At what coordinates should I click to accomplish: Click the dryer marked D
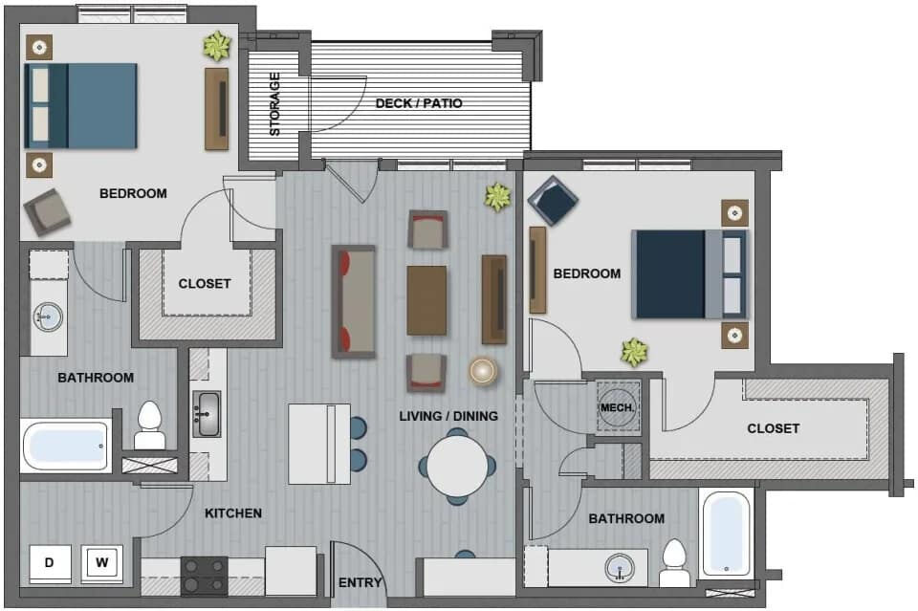[x=50, y=564]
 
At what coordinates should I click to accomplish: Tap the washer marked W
[x=102, y=564]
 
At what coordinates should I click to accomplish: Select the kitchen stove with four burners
[x=205, y=576]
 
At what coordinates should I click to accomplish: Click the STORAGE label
[x=274, y=104]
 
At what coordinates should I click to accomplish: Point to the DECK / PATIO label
[x=419, y=103]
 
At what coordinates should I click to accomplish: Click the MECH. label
[x=617, y=407]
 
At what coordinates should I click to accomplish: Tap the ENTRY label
[x=361, y=583]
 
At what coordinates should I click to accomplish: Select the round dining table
[x=457, y=467]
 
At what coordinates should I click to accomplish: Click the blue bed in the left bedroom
[x=80, y=106]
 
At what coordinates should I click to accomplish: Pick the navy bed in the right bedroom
[x=689, y=274]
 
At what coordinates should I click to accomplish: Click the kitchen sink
[x=207, y=414]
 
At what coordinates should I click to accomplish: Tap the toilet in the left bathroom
[x=149, y=426]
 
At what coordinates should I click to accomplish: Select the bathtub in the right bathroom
[x=726, y=534]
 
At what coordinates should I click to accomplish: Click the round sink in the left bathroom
[x=48, y=317]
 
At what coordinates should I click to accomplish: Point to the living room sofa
[x=354, y=301]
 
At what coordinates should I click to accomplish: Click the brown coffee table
[x=426, y=301]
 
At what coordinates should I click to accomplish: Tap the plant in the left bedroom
[x=218, y=46]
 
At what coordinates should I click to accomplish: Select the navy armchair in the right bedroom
[x=553, y=201]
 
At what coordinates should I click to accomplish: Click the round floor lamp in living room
[x=483, y=370]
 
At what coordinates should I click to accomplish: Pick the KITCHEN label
[x=233, y=513]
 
